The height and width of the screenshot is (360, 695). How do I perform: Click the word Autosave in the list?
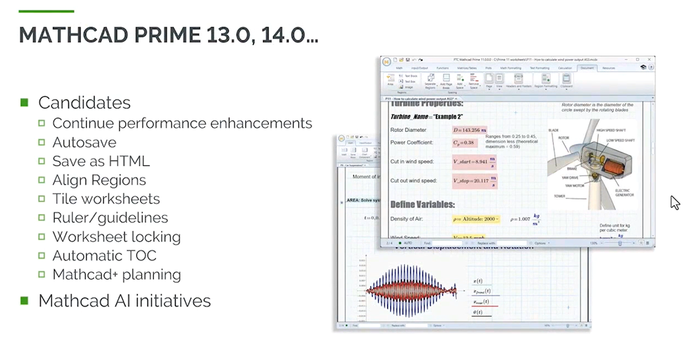click(x=84, y=142)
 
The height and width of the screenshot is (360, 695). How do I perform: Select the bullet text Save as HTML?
click(x=101, y=161)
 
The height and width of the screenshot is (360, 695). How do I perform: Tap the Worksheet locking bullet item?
click(x=116, y=236)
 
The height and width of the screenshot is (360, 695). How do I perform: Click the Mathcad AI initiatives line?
click(x=124, y=300)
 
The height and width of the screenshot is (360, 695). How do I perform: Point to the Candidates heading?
click(x=84, y=102)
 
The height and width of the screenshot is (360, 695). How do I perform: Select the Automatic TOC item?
click(x=104, y=256)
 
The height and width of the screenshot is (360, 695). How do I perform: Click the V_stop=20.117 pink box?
click(x=475, y=181)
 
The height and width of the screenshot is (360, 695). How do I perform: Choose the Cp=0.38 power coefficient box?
click(x=464, y=143)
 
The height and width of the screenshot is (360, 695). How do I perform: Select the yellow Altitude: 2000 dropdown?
click(x=475, y=218)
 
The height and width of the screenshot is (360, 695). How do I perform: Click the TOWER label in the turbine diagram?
click(x=560, y=197)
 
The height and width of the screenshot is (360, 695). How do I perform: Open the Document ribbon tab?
click(x=587, y=68)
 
